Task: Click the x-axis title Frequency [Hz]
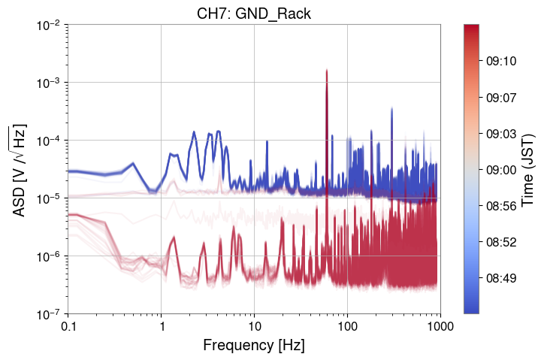pyautogui.click(x=253, y=346)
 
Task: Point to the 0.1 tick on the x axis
pyautogui.click(x=68, y=328)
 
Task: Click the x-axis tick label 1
pyautogui.click(x=161, y=328)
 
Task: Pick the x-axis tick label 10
pyautogui.click(x=254, y=328)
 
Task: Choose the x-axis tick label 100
pyautogui.click(x=347, y=328)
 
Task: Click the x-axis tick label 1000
pyautogui.click(x=440, y=328)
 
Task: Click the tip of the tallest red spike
pyautogui.click(x=327, y=70)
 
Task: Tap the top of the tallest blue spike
pyautogui.click(x=392, y=108)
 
